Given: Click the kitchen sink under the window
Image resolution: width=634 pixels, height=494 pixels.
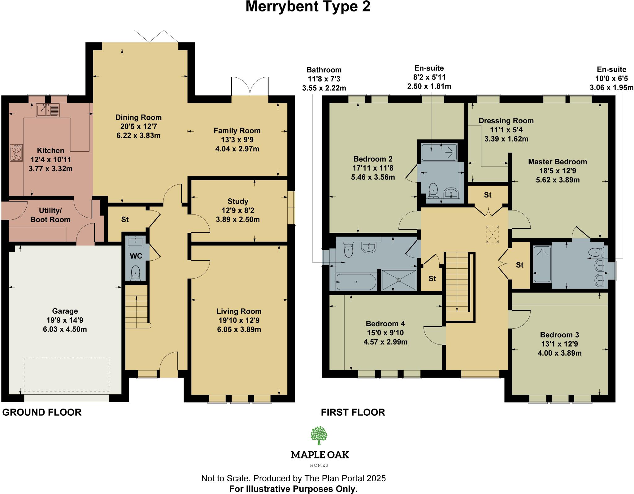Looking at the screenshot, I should point(48,110).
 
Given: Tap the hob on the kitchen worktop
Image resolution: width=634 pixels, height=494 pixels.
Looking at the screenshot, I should point(16,153).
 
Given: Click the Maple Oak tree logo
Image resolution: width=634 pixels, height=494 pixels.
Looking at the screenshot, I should point(319,435).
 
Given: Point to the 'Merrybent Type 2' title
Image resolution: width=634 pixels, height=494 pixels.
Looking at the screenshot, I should point(308,7).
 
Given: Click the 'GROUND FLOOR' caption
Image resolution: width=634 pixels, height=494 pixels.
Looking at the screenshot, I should point(42,412).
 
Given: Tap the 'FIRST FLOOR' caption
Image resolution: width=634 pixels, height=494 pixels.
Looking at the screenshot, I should point(353,412).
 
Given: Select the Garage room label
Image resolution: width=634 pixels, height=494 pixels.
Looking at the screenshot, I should point(65,311).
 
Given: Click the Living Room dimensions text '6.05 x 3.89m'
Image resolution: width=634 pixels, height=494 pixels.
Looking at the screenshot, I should point(239,329).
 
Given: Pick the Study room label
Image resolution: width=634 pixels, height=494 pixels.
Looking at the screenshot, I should point(238,201).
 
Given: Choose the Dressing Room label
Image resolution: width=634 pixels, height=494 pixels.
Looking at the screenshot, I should point(506,121).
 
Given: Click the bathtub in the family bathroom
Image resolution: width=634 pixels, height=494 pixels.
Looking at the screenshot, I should point(356,282).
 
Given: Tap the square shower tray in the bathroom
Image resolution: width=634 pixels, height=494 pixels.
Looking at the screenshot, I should point(399,280).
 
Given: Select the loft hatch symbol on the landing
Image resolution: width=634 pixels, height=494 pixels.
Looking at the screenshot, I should point(492,234).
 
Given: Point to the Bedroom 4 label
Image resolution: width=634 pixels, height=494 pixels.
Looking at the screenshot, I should point(385,324).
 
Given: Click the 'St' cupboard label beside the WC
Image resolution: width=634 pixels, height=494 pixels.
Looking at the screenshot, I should point(125,219).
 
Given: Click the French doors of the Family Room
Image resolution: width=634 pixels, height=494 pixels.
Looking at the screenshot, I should point(250,86).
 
